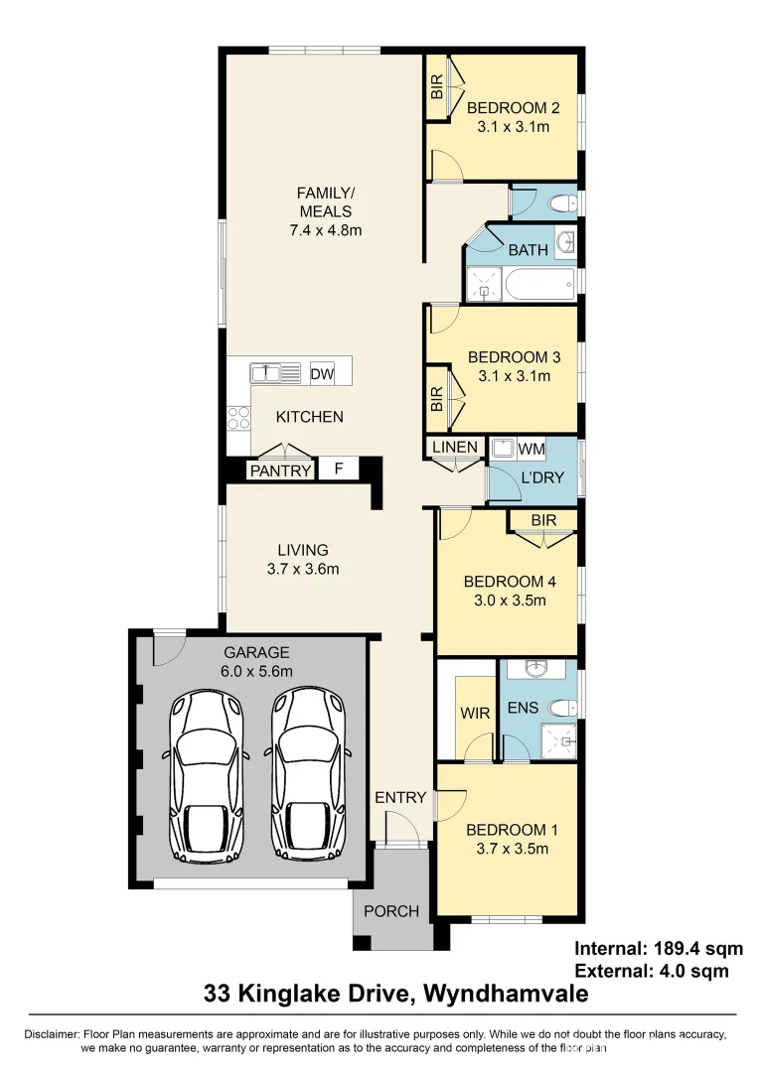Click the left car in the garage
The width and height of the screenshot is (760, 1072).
pos(207,774)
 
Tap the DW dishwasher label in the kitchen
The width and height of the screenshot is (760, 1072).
pos(322,374)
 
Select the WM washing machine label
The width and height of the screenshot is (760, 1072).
pos(532,449)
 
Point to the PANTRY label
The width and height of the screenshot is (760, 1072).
pos(280,470)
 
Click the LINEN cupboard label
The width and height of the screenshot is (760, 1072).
pos(455,448)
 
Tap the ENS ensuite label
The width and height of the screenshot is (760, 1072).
pos(523,708)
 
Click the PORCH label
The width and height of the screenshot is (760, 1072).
pos(391,910)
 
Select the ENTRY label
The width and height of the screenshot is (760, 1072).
pos(400,797)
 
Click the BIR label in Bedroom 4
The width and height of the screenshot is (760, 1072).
pos(543,520)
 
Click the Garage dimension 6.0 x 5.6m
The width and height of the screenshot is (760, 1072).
pos(256,671)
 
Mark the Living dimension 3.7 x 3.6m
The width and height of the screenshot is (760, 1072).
pos(303,569)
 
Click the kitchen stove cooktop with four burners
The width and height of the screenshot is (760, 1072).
pos(238,417)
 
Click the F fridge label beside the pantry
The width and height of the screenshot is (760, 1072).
pos(339,469)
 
